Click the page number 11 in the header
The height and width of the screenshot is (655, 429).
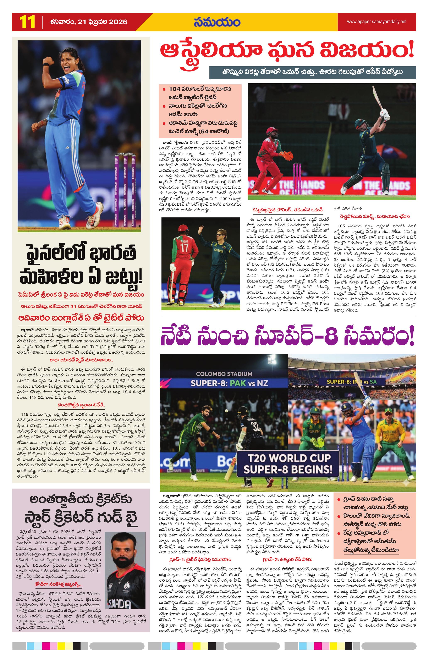27,22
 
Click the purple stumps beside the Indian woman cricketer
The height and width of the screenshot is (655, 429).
125,190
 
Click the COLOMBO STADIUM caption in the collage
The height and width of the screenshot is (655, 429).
224,374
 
